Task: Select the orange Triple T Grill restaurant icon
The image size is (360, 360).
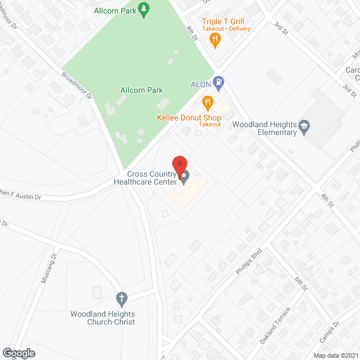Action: tap(214, 39)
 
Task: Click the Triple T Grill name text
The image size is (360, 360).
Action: tap(227, 21)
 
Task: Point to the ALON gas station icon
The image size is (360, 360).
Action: tap(219, 84)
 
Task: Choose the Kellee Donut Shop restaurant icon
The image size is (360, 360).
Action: tap(208, 102)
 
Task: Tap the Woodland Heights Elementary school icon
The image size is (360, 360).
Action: tap(304, 126)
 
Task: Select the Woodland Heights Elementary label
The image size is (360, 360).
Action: tap(264, 128)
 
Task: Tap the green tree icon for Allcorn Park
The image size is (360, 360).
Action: tap(145, 8)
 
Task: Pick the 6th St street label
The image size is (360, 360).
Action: tap(301, 283)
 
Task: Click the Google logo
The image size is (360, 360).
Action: tap(19, 353)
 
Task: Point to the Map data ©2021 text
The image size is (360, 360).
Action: tap(335, 355)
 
